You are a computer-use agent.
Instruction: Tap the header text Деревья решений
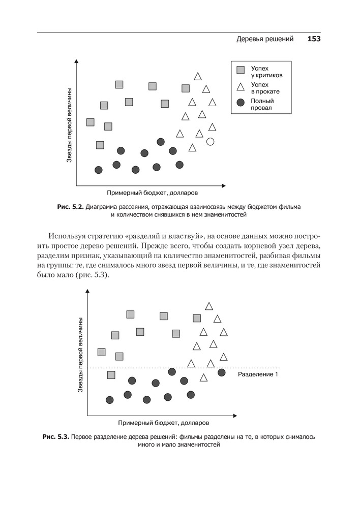[265, 39]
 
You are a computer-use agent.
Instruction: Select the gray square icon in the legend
[241, 70]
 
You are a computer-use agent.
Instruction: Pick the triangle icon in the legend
[241, 87]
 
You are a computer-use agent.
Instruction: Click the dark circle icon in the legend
[241, 103]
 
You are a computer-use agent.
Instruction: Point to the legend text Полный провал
[262, 104]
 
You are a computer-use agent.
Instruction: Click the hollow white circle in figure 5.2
[211, 142]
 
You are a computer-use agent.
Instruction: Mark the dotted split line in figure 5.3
[153, 367]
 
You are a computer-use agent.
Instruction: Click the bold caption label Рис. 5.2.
[70, 207]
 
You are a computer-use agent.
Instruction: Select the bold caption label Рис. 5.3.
[55, 436]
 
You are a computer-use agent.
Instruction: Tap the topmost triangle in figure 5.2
[198, 76]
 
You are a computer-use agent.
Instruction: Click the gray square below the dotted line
[111, 375]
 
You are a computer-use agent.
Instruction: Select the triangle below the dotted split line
[203, 377]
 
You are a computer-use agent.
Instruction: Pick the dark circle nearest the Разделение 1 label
[221, 372]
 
